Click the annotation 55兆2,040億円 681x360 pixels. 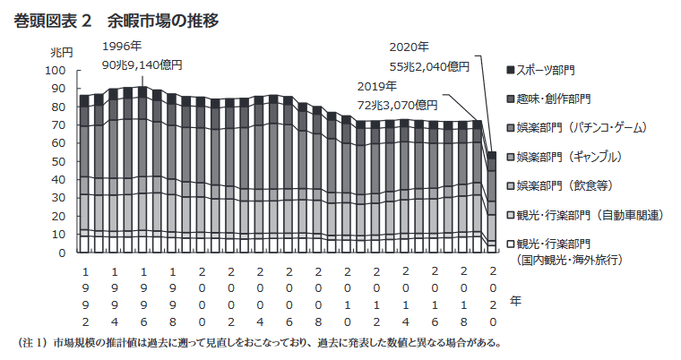(429, 65)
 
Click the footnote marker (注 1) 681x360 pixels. (32, 342)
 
